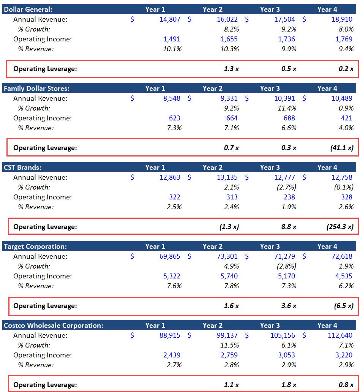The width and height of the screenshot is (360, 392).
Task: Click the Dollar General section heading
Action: (28, 9)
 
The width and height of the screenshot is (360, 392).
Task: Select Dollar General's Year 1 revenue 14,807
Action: (170, 19)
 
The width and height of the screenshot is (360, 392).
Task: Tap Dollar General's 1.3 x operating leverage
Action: (231, 69)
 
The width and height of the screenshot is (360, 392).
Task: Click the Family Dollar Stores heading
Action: (36, 88)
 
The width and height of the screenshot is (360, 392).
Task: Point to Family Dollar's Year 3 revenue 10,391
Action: (284, 98)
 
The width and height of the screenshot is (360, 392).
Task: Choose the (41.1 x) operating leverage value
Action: (342, 148)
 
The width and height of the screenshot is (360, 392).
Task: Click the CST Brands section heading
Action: (22, 167)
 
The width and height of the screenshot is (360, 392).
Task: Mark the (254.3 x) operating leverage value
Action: (340, 227)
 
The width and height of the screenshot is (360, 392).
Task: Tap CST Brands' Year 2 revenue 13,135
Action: (227, 177)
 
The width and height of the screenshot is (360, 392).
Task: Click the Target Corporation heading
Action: (35, 246)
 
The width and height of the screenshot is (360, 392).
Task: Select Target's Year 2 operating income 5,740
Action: (229, 276)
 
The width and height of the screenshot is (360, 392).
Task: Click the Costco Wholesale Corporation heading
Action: (53, 325)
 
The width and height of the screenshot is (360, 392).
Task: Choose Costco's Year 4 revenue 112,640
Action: (340, 335)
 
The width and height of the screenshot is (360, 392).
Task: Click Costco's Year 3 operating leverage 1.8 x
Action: (289, 385)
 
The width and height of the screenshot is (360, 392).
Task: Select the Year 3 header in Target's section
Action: (270, 246)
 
